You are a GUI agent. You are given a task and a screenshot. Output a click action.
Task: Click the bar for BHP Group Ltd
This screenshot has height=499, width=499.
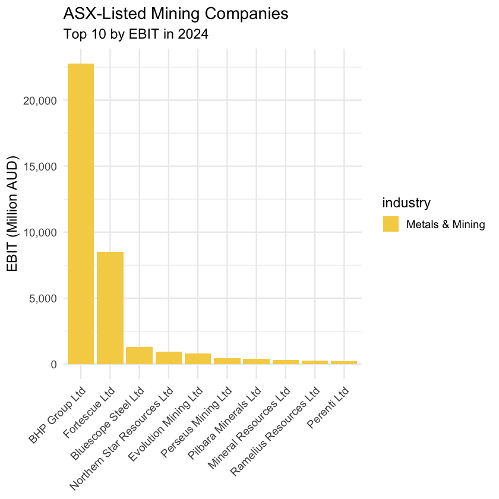[80, 214]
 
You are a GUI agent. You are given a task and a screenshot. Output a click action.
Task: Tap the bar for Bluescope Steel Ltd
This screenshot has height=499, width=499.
[139, 355]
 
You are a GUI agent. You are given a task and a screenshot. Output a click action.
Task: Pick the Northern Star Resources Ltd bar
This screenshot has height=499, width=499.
[168, 358]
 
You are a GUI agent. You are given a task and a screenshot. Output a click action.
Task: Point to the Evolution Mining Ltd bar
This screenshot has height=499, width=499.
[198, 359]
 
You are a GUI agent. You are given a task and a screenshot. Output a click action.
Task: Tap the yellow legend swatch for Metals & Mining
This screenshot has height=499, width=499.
[391, 224]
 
